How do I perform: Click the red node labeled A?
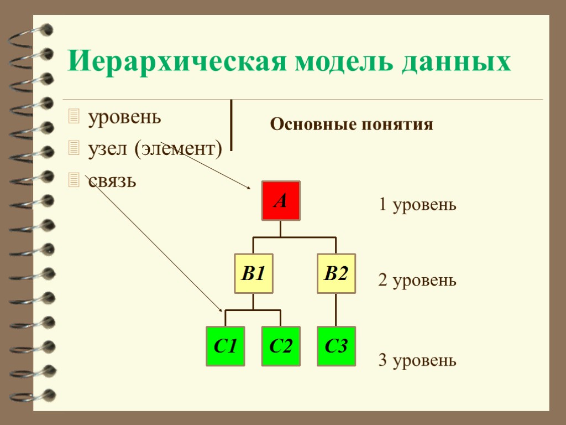click(281, 200)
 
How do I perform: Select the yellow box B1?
click(253, 273)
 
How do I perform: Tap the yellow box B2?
click(336, 273)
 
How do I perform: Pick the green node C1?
click(225, 346)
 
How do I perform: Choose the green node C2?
click(281, 346)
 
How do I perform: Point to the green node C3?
click(336, 346)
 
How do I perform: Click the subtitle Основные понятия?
click(352, 125)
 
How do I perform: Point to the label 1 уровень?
click(417, 205)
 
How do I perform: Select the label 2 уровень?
click(417, 281)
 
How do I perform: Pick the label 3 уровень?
click(417, 361)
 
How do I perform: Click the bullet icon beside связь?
click(74, 179)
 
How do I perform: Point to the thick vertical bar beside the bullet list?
click(230, 125)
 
